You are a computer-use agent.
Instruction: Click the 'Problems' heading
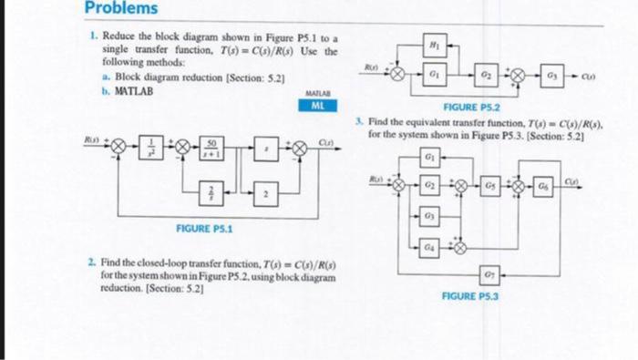click(x=121, y=9)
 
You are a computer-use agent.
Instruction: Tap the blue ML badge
click(x=313, y=107)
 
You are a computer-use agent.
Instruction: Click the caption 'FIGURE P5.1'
click(x=203, y=231)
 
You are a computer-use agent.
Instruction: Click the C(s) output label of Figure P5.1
click(x=327, y=140)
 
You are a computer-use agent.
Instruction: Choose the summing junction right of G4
click(x=461, y=245)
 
